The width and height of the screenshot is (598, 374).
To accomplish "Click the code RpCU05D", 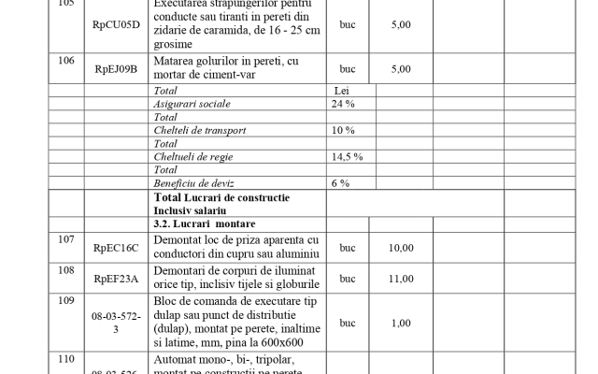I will coord(116,24).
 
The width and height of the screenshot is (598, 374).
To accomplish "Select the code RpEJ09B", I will coord(116,68).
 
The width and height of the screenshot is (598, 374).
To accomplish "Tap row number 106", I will coord(65,61).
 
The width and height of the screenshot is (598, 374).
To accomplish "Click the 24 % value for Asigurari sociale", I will coord(343,104).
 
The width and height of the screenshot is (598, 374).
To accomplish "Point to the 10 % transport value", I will coord(343,130).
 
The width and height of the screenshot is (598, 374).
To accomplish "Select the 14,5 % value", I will coord(347,156).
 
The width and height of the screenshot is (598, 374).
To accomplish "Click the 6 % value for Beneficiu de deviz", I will coord(340,182).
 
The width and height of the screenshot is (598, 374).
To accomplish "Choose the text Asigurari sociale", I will coord(191,104).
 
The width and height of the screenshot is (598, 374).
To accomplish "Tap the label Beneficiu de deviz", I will coord(193,182).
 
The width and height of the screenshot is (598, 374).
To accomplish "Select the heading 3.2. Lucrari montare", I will coord(204,224).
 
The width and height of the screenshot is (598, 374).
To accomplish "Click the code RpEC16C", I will coord(116,248).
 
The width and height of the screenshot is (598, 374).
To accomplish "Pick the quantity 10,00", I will coord(401,248).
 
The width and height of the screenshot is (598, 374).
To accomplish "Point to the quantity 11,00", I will coord(401,279).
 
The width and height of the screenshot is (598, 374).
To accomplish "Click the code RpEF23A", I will coord(116,279).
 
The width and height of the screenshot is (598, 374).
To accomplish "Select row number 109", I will coord(65,301).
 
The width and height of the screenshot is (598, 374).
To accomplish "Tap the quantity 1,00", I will coord(401,323).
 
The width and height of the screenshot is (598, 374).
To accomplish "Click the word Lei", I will coord(342,91).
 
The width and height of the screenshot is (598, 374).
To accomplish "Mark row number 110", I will coord(65,359).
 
